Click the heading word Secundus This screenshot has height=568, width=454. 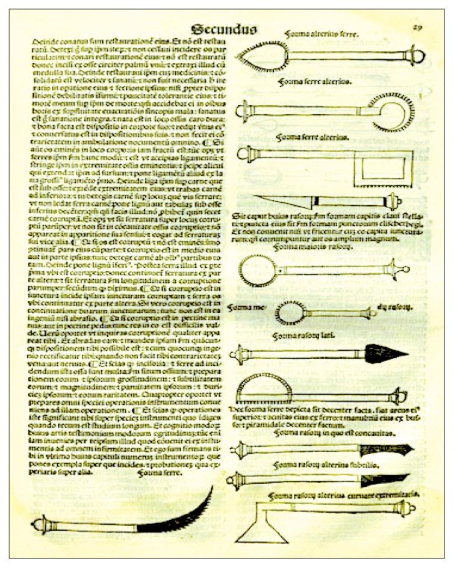[224, 29]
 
